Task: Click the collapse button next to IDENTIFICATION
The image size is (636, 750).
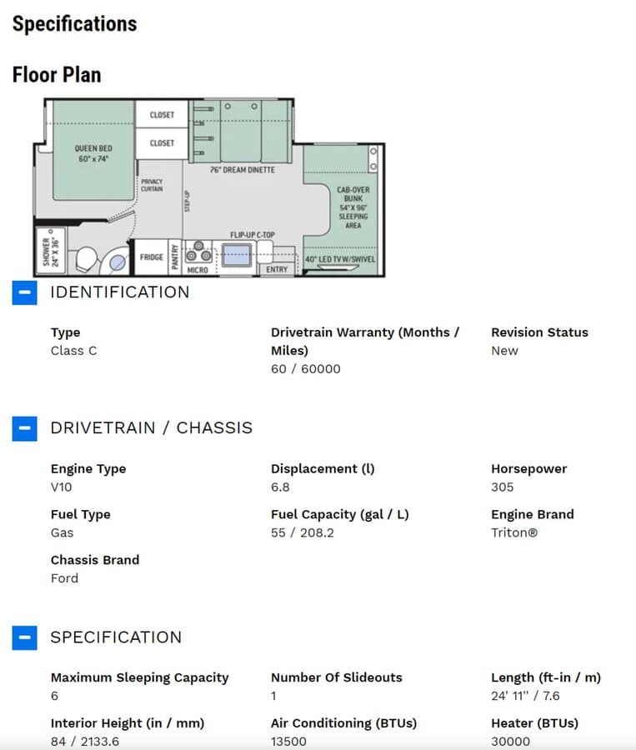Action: [24, 292]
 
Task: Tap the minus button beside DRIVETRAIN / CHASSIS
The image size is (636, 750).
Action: [24, 428]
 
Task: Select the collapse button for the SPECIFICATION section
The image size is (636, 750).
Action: [24, 637]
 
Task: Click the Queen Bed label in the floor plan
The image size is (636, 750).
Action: [93, 153]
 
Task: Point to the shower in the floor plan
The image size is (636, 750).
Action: [51, 251]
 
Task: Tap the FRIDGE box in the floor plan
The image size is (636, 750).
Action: [151, 257]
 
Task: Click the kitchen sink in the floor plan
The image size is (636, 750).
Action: [237, 254]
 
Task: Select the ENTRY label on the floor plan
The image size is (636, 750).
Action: [277, 269]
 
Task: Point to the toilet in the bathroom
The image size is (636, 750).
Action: [86, 260]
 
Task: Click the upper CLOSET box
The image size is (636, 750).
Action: [162, 114]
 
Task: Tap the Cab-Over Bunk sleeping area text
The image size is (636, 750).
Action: [353, 207]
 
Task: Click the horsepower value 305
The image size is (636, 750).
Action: [502, 487]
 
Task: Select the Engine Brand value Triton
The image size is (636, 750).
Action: [514, 532]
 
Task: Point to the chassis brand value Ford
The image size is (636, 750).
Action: [65, 578]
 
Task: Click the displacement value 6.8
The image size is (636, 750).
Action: [280, 487]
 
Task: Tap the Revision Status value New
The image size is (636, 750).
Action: [504, 351]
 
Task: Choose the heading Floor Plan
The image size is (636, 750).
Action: [57, 75]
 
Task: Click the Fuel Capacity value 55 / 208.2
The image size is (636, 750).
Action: [303, 532]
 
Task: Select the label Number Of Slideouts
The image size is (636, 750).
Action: [337, 677]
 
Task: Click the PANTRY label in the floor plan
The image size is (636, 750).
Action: [175, 257]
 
